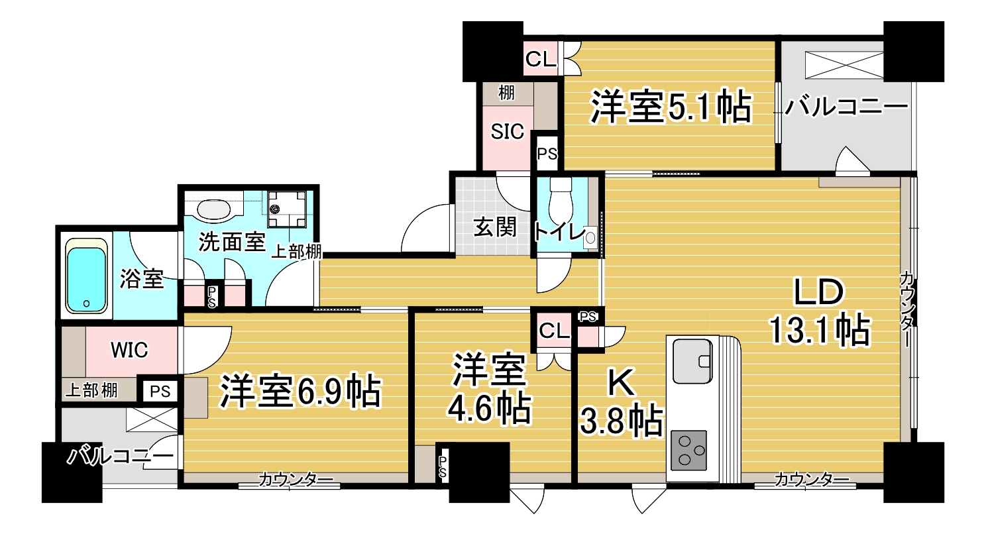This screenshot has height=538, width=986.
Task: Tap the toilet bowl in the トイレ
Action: tap(561, 201)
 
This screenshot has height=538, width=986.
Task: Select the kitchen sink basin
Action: tap(693, 361)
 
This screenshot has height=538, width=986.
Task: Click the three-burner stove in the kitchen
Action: tap(689, 451)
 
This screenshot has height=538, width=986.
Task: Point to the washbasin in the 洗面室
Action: tap(214, 210)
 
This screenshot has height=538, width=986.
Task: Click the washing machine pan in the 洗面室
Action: tap(287, 209)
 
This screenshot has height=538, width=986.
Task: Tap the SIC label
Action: tap(508, 132)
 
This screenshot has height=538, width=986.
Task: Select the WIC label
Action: tap(129, 350)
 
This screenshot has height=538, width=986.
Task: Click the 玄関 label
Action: tap(495, 228)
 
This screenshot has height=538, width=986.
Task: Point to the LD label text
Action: tap(819, 292)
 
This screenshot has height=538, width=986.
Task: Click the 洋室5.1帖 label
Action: tap(671, 107)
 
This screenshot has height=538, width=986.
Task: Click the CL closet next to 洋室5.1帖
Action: tap(541, 58)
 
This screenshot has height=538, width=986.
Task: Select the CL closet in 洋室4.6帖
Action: tap(554, 331)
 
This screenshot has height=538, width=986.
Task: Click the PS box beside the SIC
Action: tap(547, 154)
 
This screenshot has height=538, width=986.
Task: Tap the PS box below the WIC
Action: tap(160, 391)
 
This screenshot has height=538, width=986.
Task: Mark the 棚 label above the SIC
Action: tap(506, 93)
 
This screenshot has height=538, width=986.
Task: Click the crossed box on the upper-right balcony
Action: tap(844, 65)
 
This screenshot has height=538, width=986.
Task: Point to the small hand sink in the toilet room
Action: tap(590, 238)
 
